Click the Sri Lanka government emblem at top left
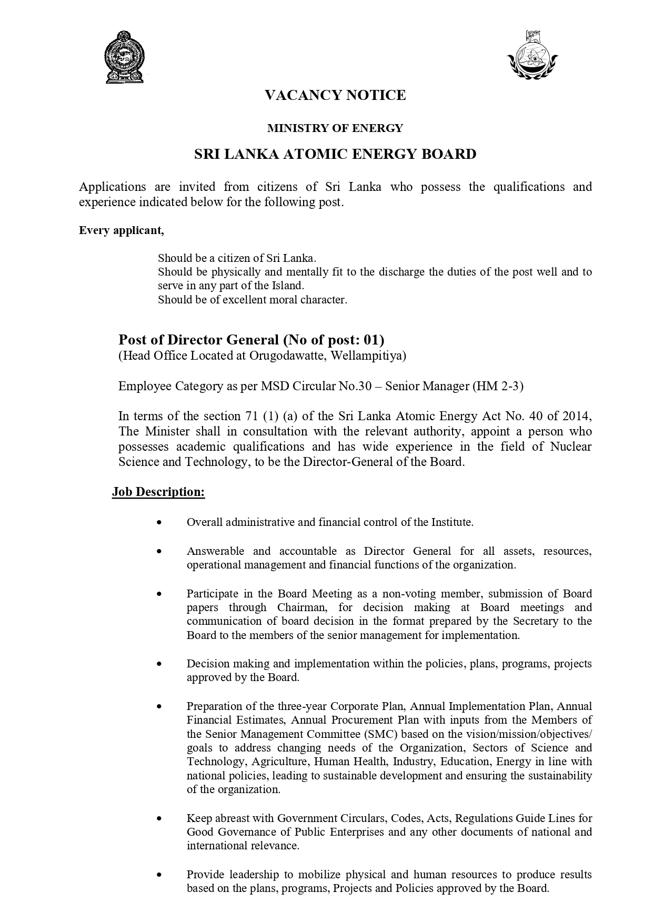(x=125, y=57)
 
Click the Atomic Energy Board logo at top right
(x=533, y=55)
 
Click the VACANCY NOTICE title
(x=335, y=95)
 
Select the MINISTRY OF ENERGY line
(x=335, y=128)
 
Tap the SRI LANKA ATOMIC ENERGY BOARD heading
(x=335, y=154)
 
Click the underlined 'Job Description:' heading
(x=158, y=492)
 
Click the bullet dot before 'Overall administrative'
(x=159, y=523)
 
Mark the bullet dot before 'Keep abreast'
(x=159, y=819)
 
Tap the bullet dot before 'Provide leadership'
(x=159, y=875)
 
